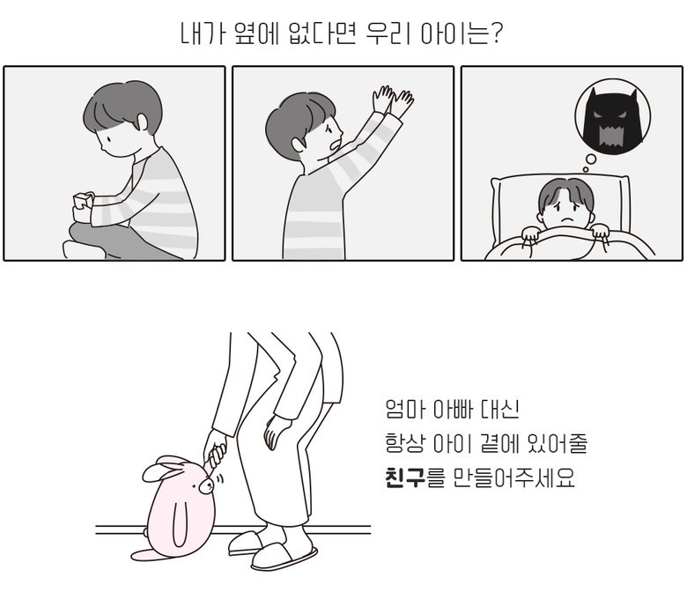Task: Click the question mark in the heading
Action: click(x=497, y=33)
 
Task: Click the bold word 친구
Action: click(x=405, y=477)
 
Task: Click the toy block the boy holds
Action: click(x=83, y=201)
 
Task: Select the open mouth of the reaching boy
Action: click(x=336, y=144)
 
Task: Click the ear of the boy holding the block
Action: click(x=143, y=122)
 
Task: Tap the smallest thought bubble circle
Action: click(x=586, y=169)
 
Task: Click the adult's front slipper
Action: click(x=284, y=557)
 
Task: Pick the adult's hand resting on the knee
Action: click(x=275, y=432)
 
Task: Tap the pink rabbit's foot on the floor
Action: click(x=148, y=554)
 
